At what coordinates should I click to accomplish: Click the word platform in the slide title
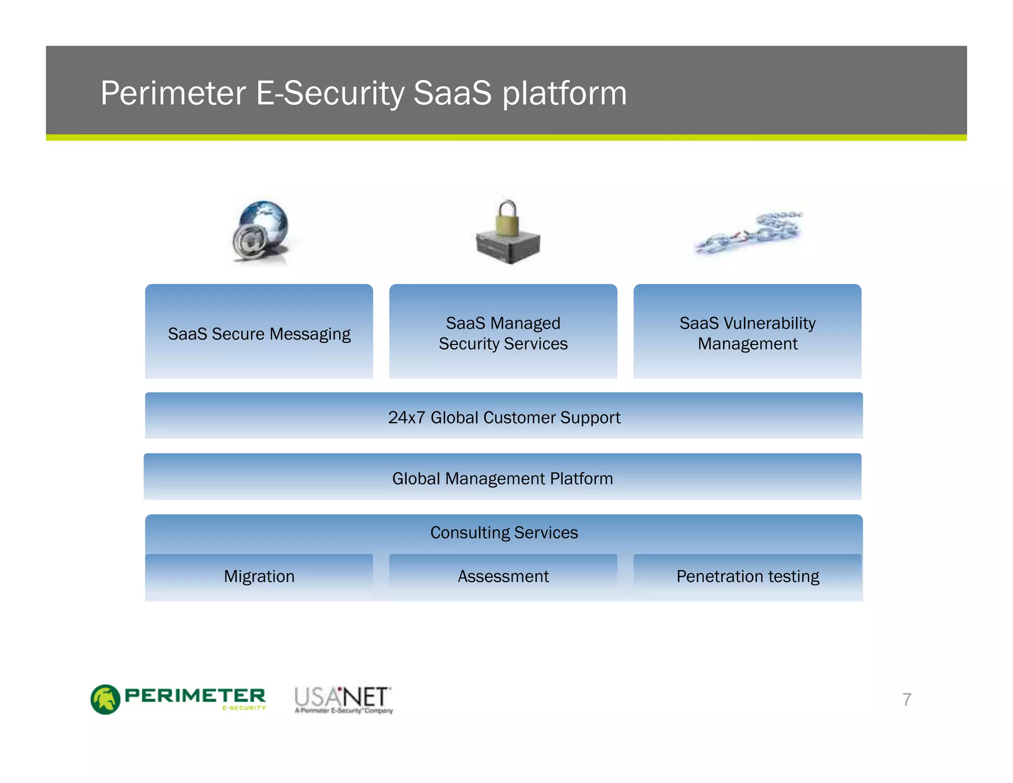point(564,94)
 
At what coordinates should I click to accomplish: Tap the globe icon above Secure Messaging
point(262,231)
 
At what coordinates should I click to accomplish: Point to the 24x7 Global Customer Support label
point(504,417)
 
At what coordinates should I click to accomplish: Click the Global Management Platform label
point(503,478)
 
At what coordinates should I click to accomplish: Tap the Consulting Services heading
point(504,533)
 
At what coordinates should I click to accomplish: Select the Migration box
point(259,576)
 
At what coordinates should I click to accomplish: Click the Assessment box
point(503,576)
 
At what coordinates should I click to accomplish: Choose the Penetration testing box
point(747,576)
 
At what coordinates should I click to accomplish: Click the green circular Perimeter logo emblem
point(105,699)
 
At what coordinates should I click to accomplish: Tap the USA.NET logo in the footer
point(343,699)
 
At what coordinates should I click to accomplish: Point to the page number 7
point(907,699)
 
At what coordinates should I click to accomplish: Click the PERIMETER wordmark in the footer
point(195,695)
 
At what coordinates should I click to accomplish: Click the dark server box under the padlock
point(508,247)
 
